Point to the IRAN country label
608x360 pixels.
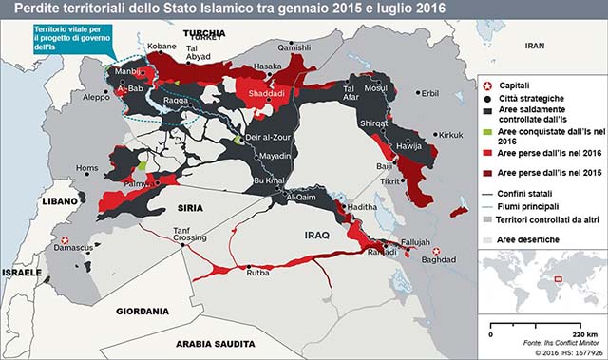(536, 45)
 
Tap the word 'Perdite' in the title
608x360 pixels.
(29, 9)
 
